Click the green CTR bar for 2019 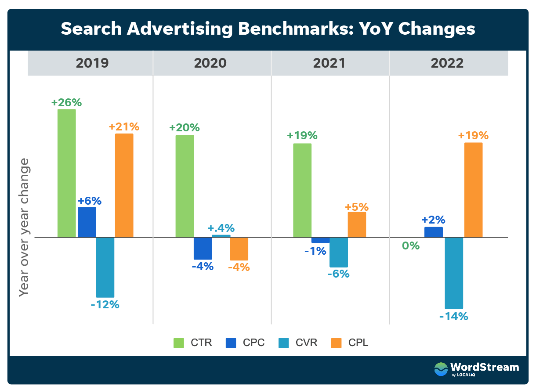[67, 173]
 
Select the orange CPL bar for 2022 [473, 190]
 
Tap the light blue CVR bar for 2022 [454, 273]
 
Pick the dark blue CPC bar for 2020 [203, 248]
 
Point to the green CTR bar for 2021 [302, 190]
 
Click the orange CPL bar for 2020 [239, 249]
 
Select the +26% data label [66, 102]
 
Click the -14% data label [454, 316]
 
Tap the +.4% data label [221, 228]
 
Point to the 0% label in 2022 [411, 246]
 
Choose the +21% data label [124, 127]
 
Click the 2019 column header [92, 63]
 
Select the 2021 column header [329, 63]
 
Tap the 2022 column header [447, 63]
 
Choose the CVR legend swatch [284, 343]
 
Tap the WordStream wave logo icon [441, 369]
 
